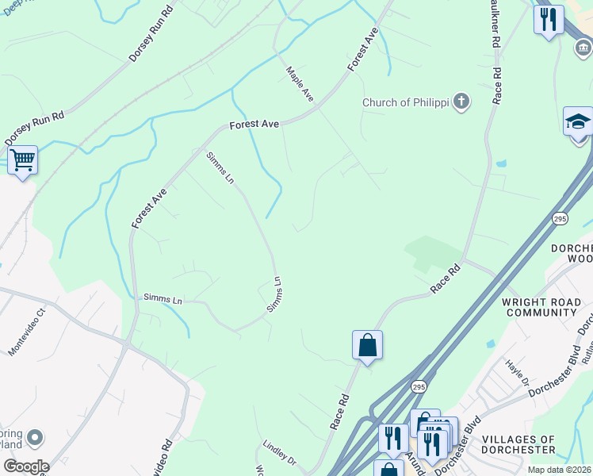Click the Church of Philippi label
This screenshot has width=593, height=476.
pyautogui.click(x=406, y=102)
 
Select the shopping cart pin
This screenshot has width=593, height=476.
pyautogui.click(x=23, y=160)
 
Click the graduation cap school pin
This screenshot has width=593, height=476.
pyautogui.click(x=578, y=122)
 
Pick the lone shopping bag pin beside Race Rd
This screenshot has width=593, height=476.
pyautogui.click(x=367, y=345)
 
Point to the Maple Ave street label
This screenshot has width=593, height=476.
pyautogui.click(x=300, y=83)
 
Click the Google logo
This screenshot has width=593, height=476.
pyautogui.click(x=25, y=466)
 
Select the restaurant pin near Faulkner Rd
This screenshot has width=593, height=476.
pyautogui.click(x=548, y=19)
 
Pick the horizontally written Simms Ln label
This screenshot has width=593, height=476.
pyautogui.click(x=163, y=297)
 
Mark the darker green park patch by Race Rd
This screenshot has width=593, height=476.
pyautogui.click(x=432, y=253)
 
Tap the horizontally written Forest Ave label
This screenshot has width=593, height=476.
pyautogui.click(x=254, y=125)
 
